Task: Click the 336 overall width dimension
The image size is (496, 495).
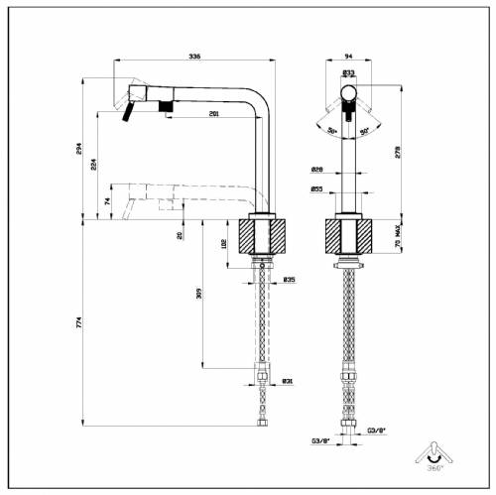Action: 193,58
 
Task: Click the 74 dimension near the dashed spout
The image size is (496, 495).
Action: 107,201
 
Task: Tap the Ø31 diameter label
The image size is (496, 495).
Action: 288,380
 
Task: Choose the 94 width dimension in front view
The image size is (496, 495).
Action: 349,58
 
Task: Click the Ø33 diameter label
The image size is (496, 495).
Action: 349,72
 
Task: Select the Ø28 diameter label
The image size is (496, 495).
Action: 316,169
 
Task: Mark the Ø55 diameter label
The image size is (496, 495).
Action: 316,187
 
